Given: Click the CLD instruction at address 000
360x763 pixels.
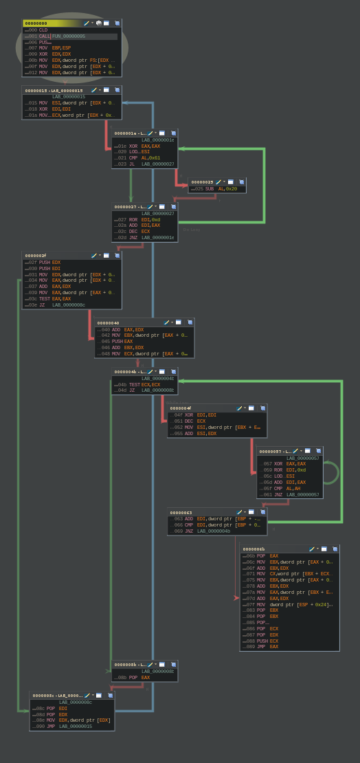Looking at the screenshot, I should (43, 30).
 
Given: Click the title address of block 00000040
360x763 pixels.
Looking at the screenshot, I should (108, 323).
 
